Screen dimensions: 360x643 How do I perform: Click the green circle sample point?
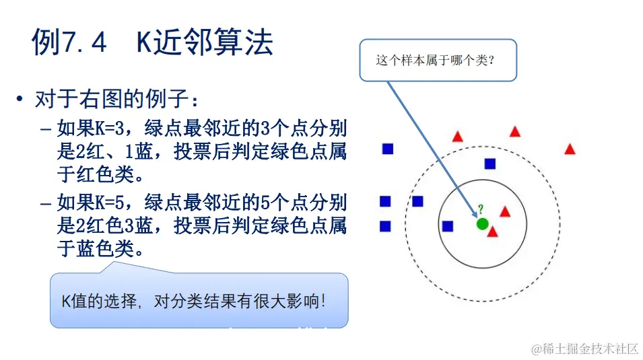pos(482,223)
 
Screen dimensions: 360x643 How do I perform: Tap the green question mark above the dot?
pos(481,209)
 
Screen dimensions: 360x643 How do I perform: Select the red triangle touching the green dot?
pos(492,232)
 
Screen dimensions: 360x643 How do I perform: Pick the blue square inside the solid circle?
pos(448,226)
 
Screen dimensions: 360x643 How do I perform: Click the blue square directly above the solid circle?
pos(490,164)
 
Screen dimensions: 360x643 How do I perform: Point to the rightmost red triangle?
pos(570,149)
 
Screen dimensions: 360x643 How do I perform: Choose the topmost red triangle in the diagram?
pos(515,132)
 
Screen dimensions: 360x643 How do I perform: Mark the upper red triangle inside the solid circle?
pos(505,211)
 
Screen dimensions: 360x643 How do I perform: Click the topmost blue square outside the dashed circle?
pos(388,149)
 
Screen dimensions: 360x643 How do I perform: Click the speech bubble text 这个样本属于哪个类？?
pos(436,60)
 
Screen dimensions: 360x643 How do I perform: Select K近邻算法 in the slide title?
pos(205,42)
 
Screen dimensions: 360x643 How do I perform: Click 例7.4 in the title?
pos(69,42)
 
